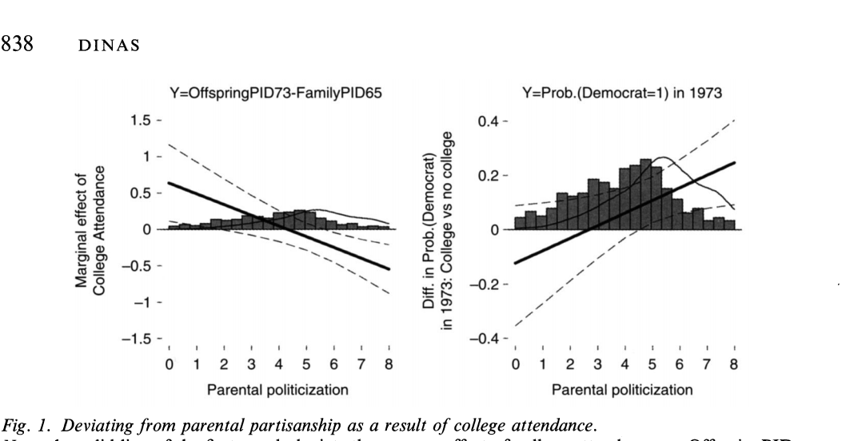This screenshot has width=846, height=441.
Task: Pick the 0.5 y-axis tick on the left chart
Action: click(146, 193)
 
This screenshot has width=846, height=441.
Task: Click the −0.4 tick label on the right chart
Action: click(489, 339)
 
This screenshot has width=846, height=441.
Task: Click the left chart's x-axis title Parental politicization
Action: click(278, 390)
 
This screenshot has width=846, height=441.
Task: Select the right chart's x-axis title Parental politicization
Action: click(625, 390)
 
